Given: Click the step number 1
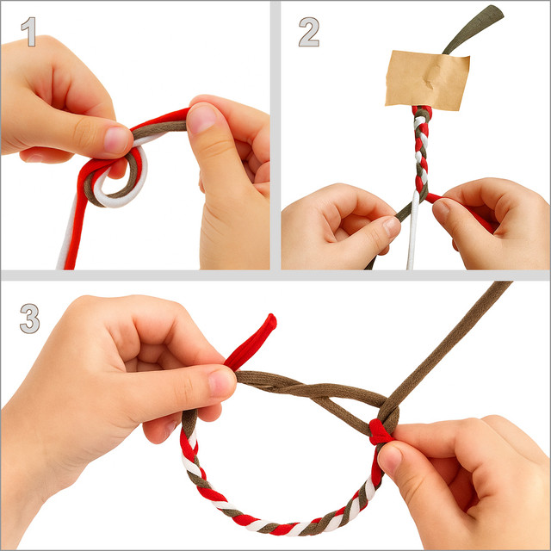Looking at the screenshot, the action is [x=29, y=32].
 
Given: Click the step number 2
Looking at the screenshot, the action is [x=309, y=32].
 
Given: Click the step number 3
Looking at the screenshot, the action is [x=29, y=318].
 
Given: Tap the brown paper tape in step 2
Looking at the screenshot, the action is [x=427, y=80].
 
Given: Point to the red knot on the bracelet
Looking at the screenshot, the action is [x=380, y=431].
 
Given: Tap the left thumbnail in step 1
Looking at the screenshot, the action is [x=116, y=139].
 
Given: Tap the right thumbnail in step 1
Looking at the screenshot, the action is [x=201, y=119].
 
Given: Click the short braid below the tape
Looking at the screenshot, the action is [x=422, y=149].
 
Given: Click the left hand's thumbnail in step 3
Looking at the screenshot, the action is [x=221, y=382].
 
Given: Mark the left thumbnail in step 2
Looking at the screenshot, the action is [x=393, y=227].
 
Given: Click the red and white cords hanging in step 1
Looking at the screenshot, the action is [x=72, y=225].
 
